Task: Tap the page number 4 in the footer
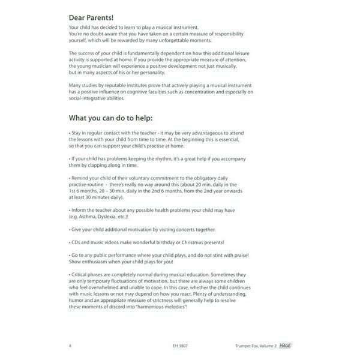[x=71, y=346]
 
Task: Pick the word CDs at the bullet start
[x=75, y=242]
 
